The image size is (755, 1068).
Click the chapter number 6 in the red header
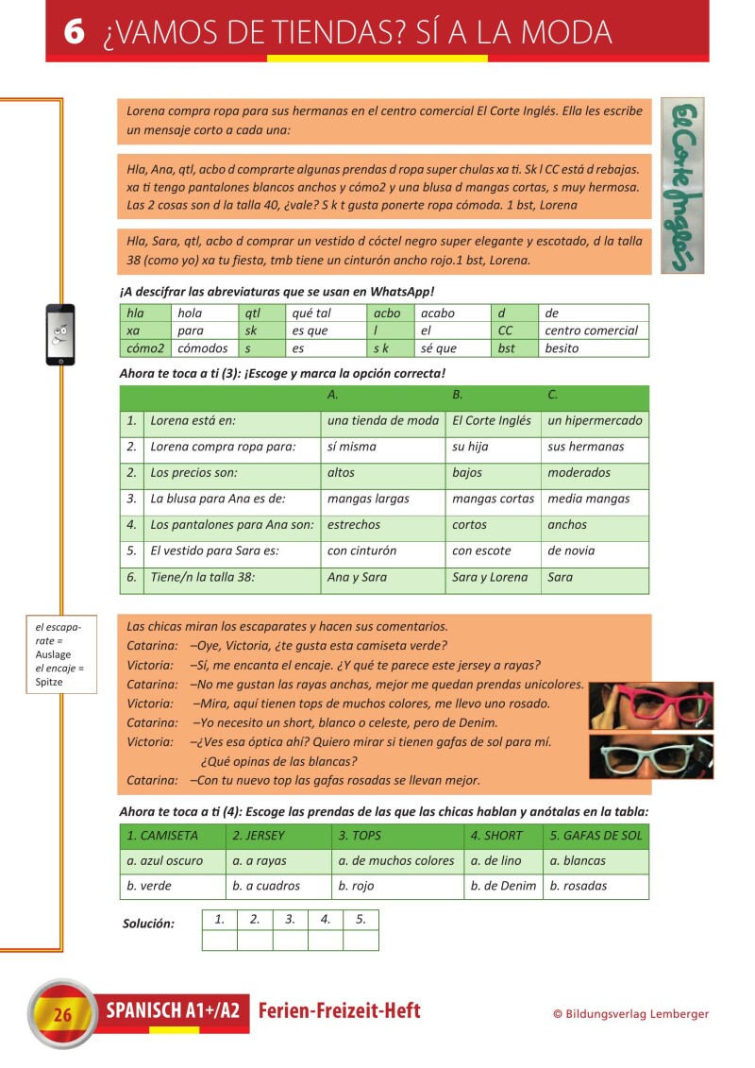[x=75, y=31]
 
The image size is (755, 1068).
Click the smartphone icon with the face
[x=60, y=334]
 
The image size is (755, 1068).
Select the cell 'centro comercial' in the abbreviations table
[x=591, y=331]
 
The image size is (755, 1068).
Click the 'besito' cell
[x=562, y=348]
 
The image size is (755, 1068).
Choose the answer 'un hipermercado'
[x=595, y=421]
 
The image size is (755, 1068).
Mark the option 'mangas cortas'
[x=493, y=499]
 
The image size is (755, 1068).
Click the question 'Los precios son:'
[x=193, y=473]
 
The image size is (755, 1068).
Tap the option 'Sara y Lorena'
[x=490, y=577]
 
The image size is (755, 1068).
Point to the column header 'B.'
[x=458, y=394]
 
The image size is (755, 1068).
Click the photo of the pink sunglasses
[x=651, y=705]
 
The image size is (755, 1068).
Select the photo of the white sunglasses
[x=651, y=755]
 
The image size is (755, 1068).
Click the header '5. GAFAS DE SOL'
[x=596, y=836]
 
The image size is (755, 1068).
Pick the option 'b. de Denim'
[x=503, y=886]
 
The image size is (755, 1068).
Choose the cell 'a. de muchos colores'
[x=396, y=861]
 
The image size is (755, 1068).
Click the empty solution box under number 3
[x=291, y=940]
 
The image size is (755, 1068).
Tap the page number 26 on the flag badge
[x=63, y=1015]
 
